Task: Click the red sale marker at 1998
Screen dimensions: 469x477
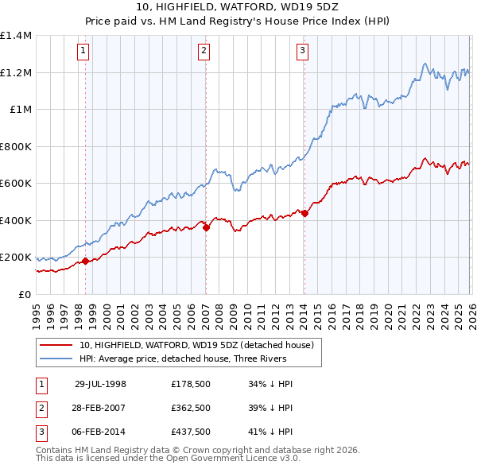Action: click(x=85, y=261)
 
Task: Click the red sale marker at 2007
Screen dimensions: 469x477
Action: click(x=206, y=227)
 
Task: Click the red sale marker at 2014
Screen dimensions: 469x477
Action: click(x=304, y=213)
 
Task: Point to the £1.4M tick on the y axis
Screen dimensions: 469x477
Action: click(x=16, y=36)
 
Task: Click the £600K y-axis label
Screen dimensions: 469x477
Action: click(x=16, y=184)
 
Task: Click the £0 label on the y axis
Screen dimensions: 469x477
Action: click(x=24, y=294)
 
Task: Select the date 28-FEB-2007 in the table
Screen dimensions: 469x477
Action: click(x=100, y=407)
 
